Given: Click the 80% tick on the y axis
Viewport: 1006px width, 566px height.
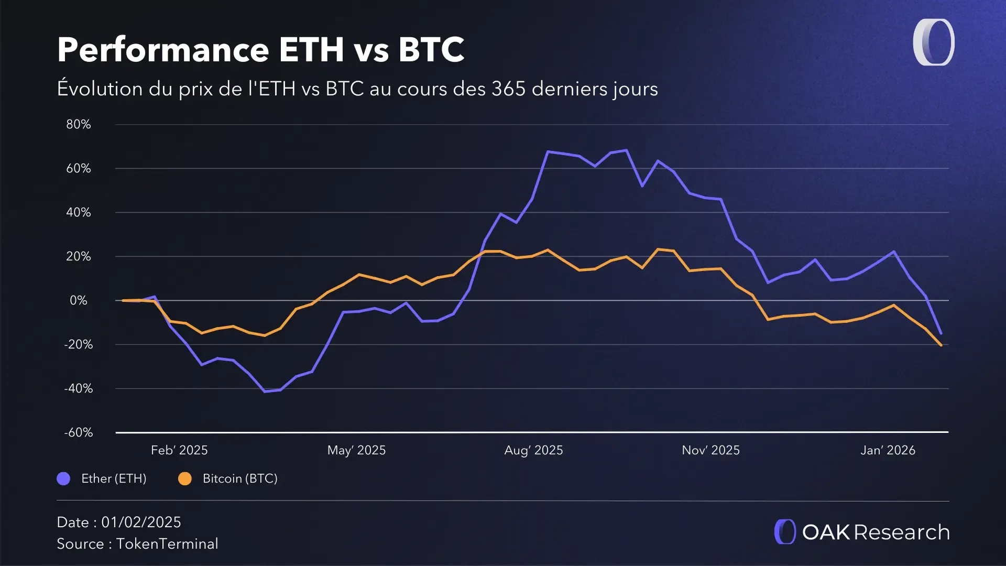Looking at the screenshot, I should point(78,124).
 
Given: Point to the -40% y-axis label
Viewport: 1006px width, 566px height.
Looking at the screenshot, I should point(78,388).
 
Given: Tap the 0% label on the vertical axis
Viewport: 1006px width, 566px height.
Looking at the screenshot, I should point(78,300).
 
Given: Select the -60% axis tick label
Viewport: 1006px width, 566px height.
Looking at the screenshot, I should point(78,432).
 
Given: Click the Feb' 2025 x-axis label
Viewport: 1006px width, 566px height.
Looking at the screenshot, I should point(179,450).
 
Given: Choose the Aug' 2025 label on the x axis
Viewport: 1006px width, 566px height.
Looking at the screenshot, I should point(533,450).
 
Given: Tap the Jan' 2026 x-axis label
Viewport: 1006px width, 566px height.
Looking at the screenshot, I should point(888,450).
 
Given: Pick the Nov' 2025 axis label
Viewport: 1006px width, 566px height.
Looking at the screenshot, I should point(710,450).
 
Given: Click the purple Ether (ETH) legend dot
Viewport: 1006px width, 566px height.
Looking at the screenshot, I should point(63,478).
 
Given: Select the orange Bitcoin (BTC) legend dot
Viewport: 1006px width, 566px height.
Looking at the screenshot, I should point(185,478).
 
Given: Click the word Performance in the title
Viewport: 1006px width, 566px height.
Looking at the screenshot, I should point(163,50).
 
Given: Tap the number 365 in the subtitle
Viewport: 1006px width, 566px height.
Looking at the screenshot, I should point(508,89).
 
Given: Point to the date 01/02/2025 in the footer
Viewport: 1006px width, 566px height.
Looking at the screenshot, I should point(141,522).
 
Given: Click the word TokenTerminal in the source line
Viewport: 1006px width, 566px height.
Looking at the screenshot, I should point(167,543).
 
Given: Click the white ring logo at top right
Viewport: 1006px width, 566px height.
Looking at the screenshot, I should point(934,42).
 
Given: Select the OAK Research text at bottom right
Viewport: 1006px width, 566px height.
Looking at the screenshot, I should point(876,532).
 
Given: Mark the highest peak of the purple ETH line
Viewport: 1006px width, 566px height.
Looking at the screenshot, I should point(627,150).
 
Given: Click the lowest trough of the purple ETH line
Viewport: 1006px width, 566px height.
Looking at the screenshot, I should point(265,391).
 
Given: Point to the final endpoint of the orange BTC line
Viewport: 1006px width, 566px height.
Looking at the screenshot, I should point(942,345).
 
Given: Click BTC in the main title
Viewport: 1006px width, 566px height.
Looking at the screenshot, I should point(431,50).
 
